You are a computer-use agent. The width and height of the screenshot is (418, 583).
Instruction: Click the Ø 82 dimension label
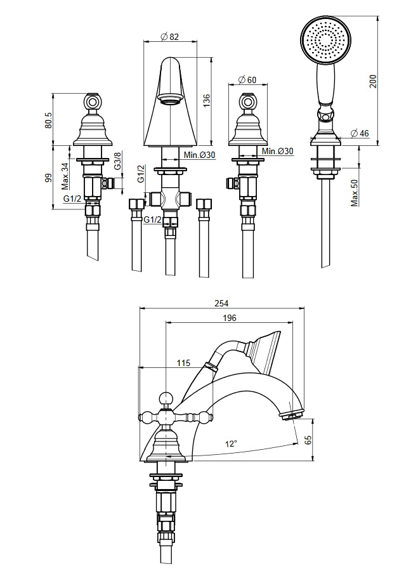click(x=169, y=37)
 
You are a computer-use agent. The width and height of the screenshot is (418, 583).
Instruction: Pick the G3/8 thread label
click(x=117, y=162)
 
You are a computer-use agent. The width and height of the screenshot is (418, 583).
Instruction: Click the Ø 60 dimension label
click(x=247, y=80)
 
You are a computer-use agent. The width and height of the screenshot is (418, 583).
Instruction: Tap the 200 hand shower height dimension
click(x=374, y=81)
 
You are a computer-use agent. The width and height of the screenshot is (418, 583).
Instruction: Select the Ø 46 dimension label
click(x=360, y=134)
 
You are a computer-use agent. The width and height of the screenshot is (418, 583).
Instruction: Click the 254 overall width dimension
click(x=221, y=303)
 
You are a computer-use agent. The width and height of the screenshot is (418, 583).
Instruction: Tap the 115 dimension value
click(x=183, y=363)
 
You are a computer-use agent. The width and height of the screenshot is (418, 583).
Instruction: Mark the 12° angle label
click(x=231, y=443)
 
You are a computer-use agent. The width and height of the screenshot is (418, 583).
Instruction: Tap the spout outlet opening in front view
click(x=169, y=100)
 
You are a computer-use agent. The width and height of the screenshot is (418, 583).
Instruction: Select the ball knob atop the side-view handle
click(x=166, y=398)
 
